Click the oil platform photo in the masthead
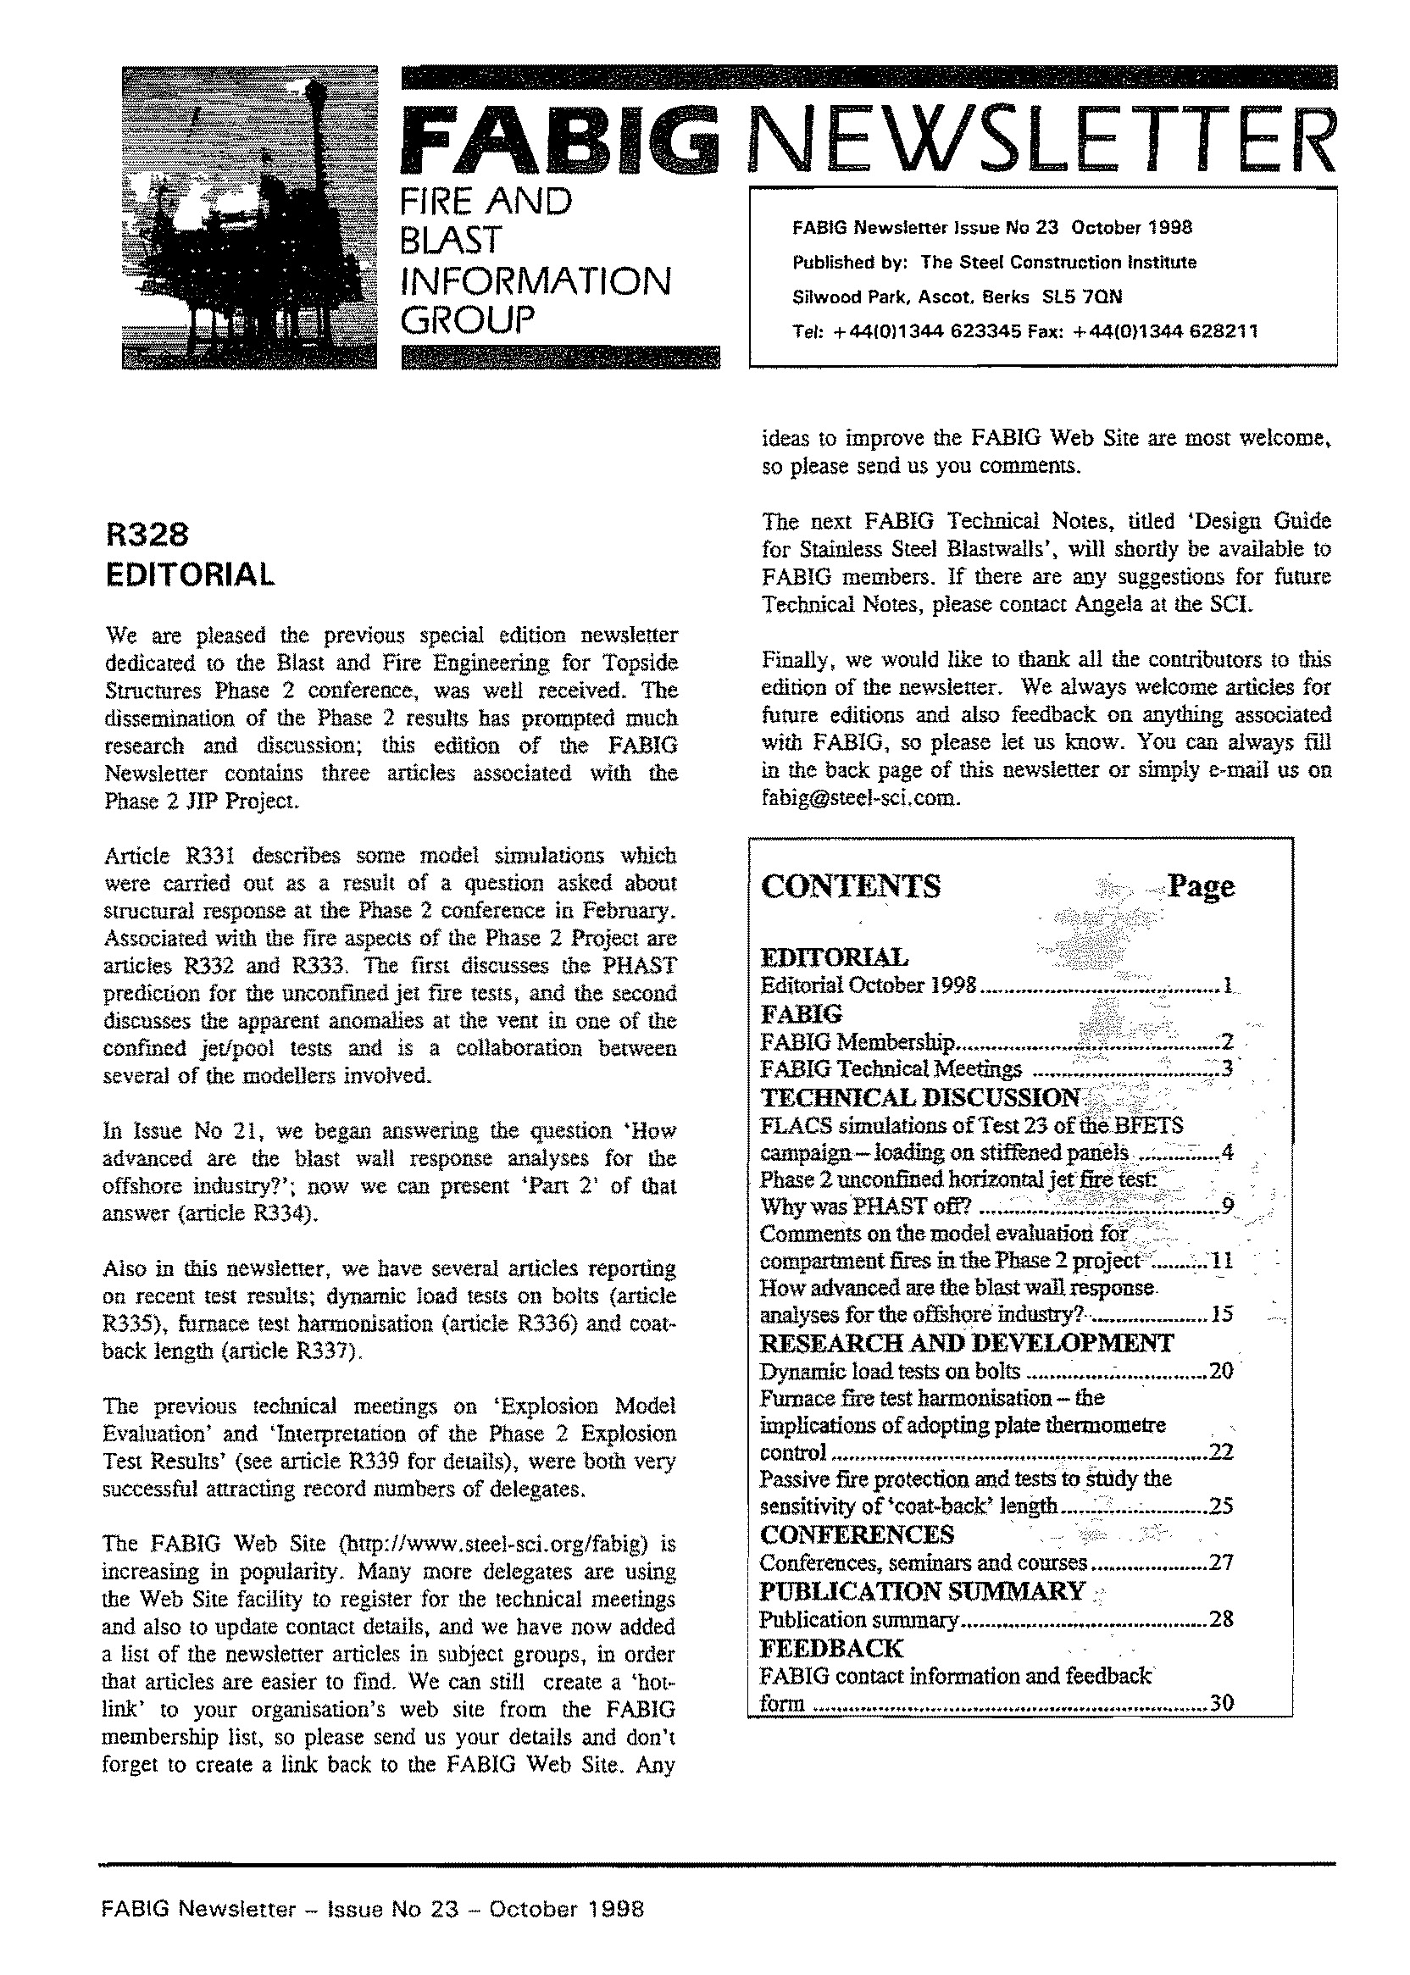click(249, 217)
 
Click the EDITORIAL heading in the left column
click(190, 574)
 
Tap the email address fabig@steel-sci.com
click(860, 798)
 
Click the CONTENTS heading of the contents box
click(850, 886)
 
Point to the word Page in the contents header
click(1201, 886)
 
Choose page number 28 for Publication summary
click(1222, 1619)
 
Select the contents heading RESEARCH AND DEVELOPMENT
click(966, 1344)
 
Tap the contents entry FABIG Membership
click(858, 1042)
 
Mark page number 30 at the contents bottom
click(1222, 1703)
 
